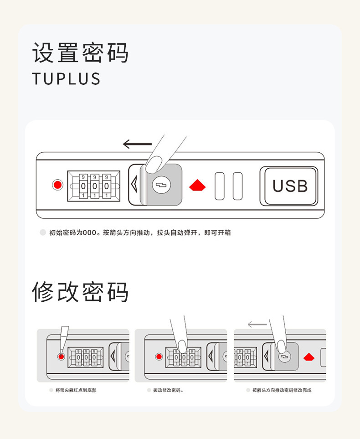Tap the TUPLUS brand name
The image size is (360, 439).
[x=66, y=79]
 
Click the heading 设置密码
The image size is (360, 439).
[x=80, y=53]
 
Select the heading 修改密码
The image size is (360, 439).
[x=80, y=292]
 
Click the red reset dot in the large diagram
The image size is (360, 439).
[x=57, y=186]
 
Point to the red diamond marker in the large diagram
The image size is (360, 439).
[x=197, y=186]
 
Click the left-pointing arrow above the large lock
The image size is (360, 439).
[x=137, y=145]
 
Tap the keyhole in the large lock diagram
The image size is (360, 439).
[x=161, y=185]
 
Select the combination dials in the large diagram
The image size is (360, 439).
[x=94, y=186]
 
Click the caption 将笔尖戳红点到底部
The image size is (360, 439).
[x=76, y=390]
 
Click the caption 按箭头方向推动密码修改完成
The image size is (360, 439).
[x=282, y=390]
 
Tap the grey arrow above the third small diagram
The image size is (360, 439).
[x=257, y=325]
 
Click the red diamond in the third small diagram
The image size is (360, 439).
[x=309, y=357]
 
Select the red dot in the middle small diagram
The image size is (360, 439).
[x=159, y=356]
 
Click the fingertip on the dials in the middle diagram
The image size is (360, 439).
[x=182, y=346]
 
